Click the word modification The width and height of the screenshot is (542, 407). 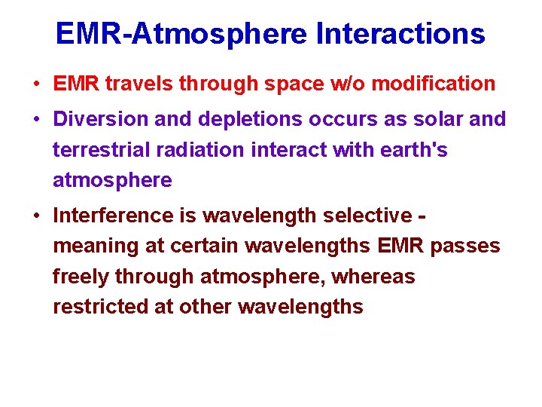pos(434,84)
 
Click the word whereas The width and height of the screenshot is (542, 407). pos(373,277)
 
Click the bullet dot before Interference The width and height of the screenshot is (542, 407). pos(37,216)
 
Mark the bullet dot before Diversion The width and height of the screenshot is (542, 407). pos(37,120)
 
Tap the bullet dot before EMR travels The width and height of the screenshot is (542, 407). pos(37,84)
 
